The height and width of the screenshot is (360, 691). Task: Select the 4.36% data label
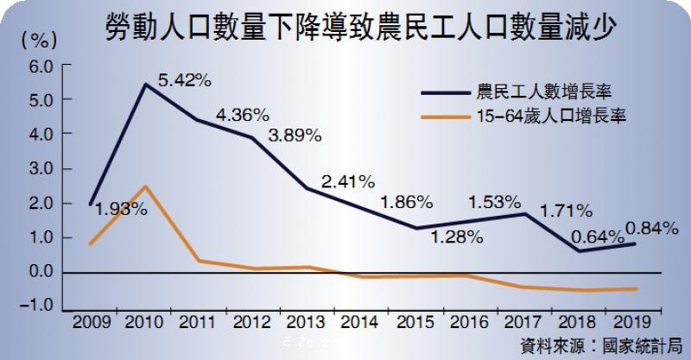[243, 114]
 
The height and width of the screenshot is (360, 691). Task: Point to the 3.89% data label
[295, 136]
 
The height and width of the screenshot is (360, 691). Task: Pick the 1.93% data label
[122, 209]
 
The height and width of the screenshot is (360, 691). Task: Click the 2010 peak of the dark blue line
[145, 85]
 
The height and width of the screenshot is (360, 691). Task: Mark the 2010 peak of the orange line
[145, 186]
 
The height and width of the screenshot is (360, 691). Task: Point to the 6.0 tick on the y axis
[40, 66]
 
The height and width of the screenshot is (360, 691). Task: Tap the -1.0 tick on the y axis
[38, 306]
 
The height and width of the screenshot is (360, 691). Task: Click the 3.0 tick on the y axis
[40, 169]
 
